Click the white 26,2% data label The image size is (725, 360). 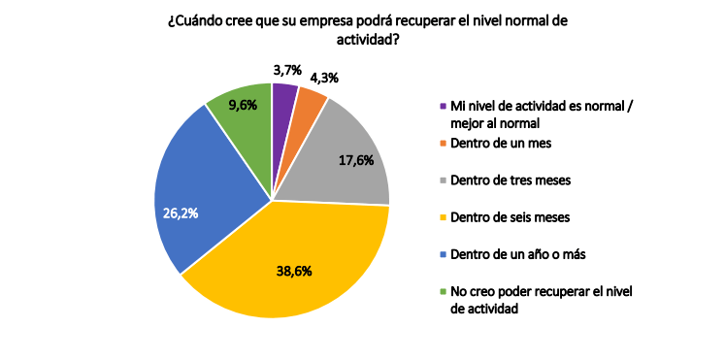tap(181, 213)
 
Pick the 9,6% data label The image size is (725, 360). tap(243, 106)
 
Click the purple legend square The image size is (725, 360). tap(443, 106)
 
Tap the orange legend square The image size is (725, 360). tap(443, 144)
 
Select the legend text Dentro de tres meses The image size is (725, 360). tap(511, 180)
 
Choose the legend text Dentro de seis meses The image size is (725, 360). tap(510, 217)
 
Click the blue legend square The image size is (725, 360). tap(443, 254)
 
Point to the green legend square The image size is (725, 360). tap(443, 292)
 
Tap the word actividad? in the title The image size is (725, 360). tap(367, 41)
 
